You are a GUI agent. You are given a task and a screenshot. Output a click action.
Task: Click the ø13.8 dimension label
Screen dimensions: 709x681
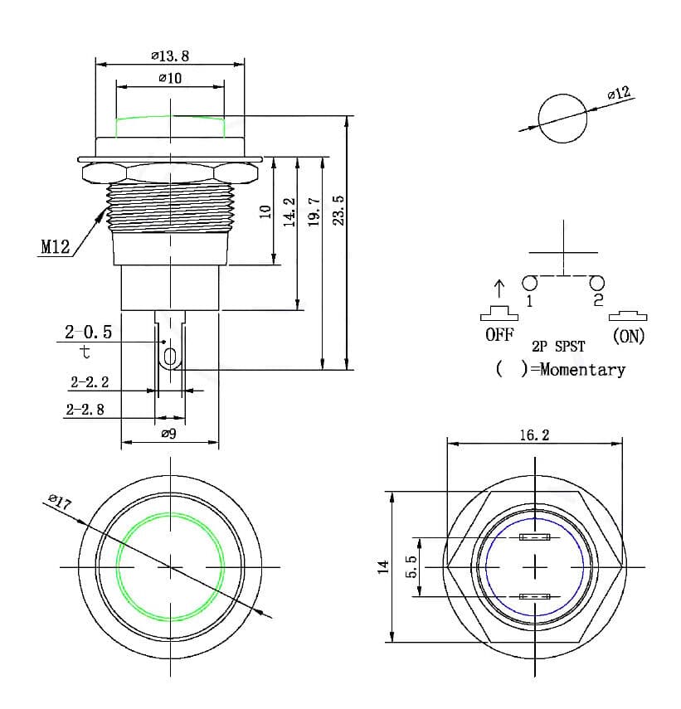tap(170, 56)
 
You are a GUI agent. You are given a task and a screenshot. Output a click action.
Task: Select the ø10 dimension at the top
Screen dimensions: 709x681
tap(170, 78)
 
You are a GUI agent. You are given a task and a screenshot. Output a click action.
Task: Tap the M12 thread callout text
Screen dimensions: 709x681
tap(56, 246)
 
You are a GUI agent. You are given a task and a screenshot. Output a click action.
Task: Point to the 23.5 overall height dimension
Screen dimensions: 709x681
tap(338, 210)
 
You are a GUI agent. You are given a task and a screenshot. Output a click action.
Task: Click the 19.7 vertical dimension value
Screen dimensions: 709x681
tap(314, 213)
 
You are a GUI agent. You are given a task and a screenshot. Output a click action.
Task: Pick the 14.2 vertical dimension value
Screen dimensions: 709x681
tap(289, 211)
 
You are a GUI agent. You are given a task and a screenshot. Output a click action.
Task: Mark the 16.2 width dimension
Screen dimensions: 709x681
tap(534, 435)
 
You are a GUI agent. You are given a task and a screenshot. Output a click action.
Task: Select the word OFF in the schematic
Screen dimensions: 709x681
tap(499, 336)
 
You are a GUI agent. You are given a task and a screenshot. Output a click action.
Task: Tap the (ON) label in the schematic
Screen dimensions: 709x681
tap(628, 336)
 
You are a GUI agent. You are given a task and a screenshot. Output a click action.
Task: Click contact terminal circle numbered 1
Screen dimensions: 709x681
tap(528, 283)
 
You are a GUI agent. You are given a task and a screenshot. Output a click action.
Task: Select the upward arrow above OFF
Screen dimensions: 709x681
tap(499, 289)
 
